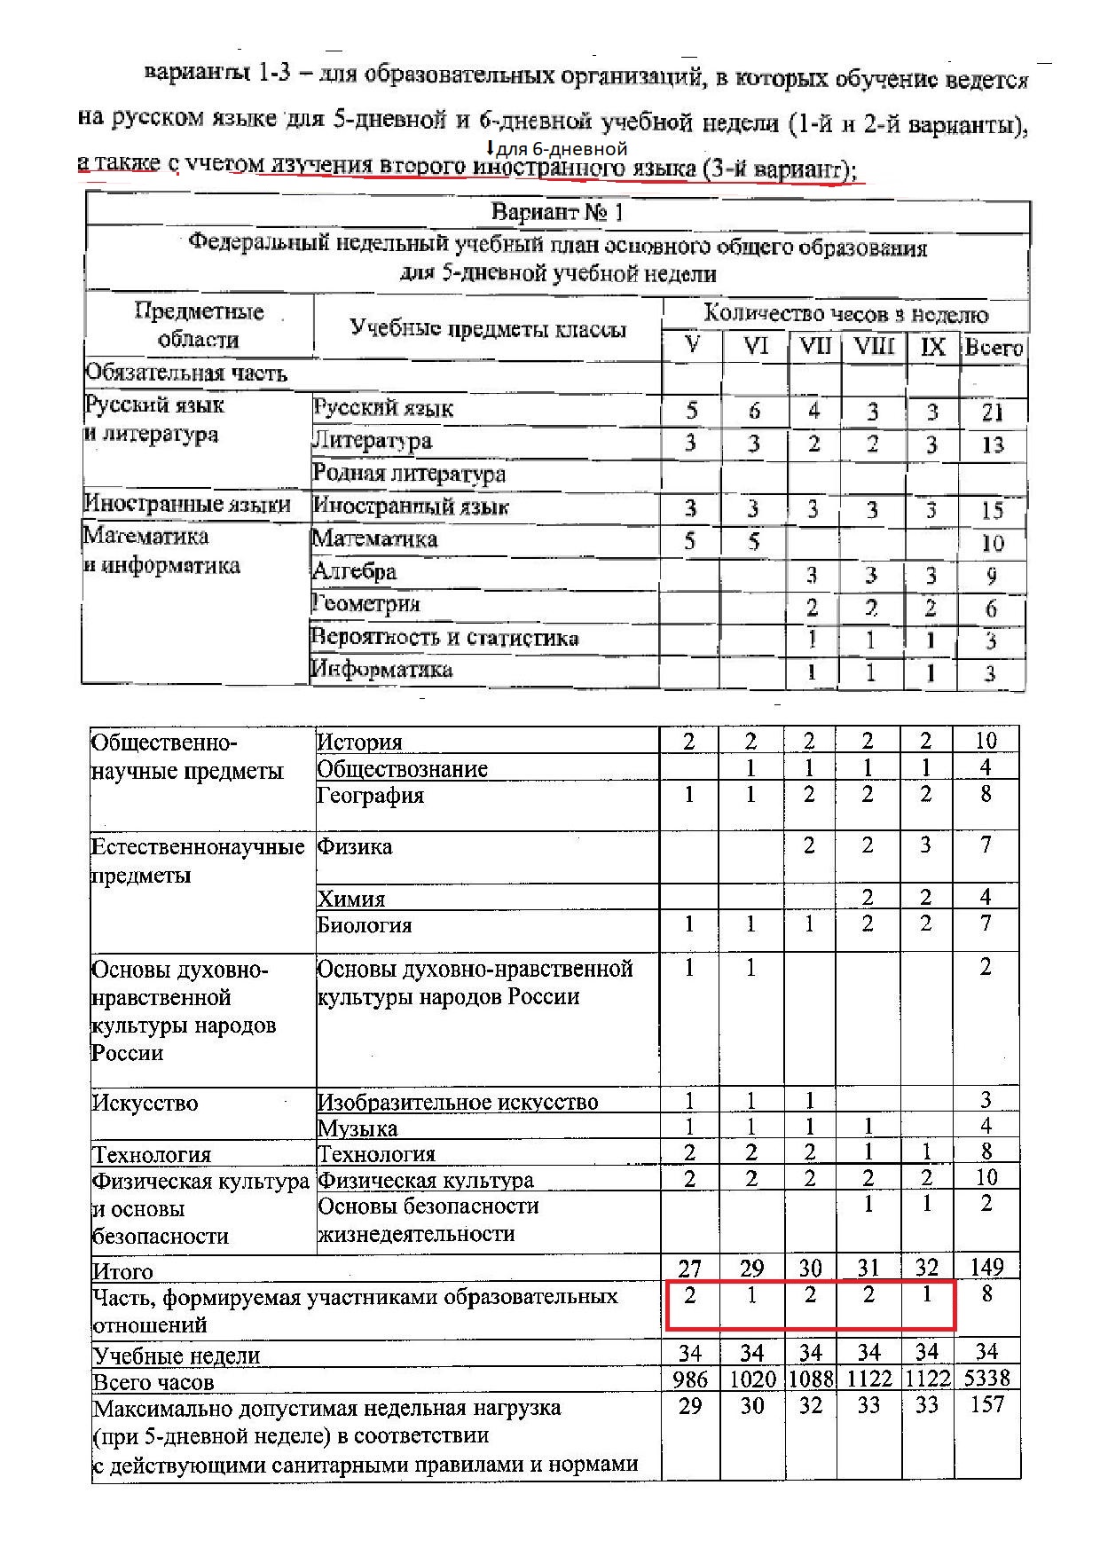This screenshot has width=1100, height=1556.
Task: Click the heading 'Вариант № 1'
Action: [x=557, y=213]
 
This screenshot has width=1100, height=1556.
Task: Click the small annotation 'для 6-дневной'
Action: [x=562, y=149]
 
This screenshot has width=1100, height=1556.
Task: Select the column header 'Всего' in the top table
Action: [x=994, y=348]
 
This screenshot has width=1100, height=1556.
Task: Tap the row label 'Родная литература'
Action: [x=409, y=474]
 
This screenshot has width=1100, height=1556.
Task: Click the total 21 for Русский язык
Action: [x=993, y=412]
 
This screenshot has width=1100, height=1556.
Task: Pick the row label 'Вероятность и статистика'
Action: [x=444, y=638]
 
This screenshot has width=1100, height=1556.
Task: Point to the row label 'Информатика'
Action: [x=382, y=669]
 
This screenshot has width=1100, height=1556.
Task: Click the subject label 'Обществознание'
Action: [x=402, y=768]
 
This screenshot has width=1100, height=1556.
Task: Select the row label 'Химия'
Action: [x=351, y=899]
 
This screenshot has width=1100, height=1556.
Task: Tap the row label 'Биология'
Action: [x=365, y=925]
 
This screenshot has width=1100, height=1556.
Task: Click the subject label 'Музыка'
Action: [x=357, y=1128]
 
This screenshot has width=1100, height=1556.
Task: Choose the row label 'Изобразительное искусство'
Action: [x=458, y=1102]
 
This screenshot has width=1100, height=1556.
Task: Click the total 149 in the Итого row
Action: [x=986, y=1267]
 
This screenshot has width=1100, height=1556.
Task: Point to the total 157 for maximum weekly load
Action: [x=986, y=1405]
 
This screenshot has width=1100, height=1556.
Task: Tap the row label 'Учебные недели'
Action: [x=177, y=1356]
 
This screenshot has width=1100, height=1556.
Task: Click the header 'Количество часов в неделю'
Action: [x=845, y=314]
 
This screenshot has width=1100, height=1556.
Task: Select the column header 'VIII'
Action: [x=873, y=346]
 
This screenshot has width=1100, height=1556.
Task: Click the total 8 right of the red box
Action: [x=986, y=1294]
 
